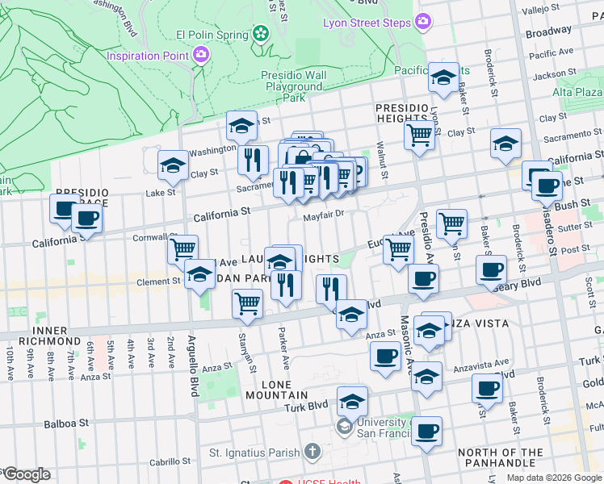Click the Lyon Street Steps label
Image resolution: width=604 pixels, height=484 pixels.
point(367,23)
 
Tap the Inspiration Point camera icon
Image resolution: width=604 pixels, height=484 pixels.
point(201,55)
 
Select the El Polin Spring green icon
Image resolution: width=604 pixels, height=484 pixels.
point(260,34)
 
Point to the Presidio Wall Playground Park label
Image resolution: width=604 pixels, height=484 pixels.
point(294,86)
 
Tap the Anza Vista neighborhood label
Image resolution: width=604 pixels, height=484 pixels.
point(478,323)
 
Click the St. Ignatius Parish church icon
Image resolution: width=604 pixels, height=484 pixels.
point(314,452)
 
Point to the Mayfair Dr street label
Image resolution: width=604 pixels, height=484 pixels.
point(324,215)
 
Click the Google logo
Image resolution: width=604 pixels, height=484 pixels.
point(27,474)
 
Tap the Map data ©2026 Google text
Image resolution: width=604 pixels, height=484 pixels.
point(553,478)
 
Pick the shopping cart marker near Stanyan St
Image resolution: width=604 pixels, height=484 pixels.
point(246,303)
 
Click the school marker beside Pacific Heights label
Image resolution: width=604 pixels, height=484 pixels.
point(443,77)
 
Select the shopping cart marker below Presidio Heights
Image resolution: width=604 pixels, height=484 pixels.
point(419,134)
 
